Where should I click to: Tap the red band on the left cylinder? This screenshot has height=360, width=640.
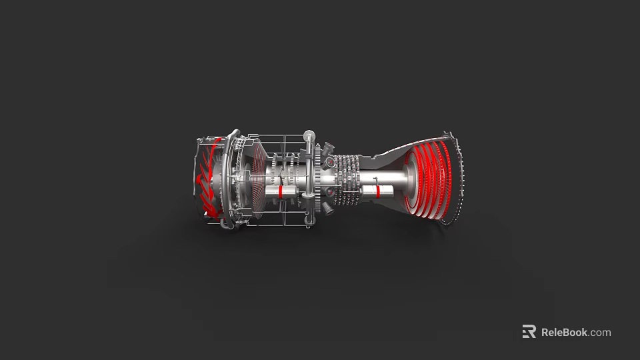coord(281,191)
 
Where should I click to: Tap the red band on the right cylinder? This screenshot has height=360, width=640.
coord(378,192)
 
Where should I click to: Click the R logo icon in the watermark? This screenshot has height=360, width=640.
coord(529,332)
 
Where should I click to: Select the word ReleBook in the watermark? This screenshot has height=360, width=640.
coord(563,332)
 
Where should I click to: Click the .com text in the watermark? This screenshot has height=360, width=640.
coord(600,332)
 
